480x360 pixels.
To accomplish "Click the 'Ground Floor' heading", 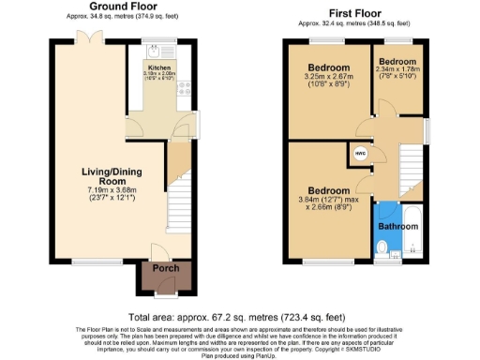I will pos(122,7).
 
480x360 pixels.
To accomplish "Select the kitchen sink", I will pos(156,54).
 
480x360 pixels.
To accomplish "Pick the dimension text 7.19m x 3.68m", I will pos(90,190).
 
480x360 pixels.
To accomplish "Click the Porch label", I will pos(166,269).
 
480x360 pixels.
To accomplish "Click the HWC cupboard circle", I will pos(361,154).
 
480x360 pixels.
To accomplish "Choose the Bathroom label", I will pos(397,226).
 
